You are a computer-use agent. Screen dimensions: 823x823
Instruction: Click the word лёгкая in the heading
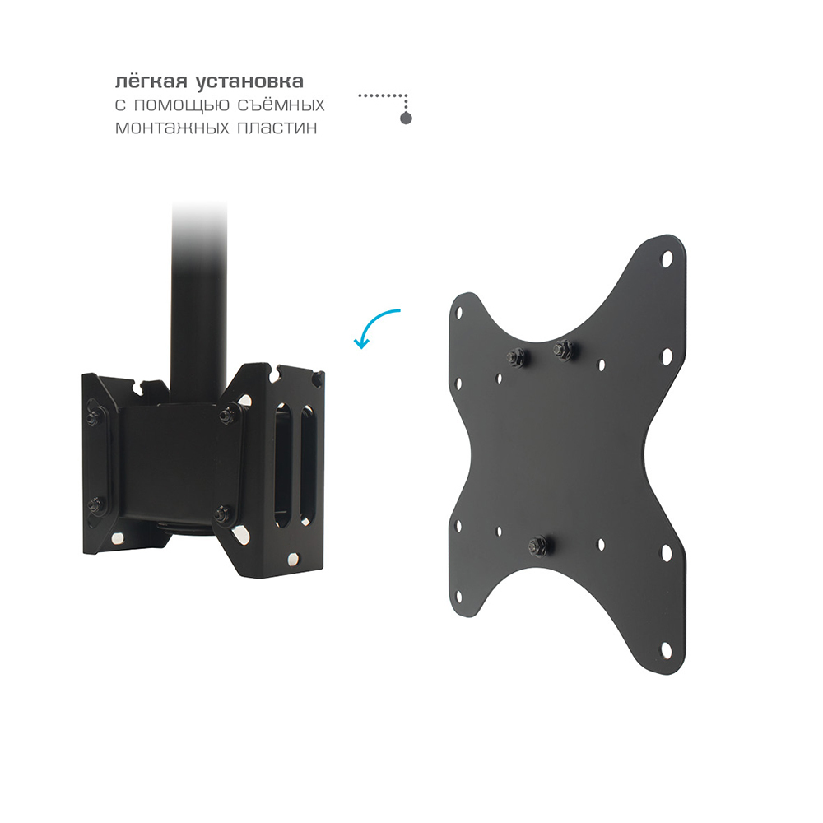(x=151, y=81)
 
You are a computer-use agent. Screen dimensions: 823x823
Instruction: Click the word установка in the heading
(x=249, y=82)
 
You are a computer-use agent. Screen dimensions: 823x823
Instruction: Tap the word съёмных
(x=281, y=105)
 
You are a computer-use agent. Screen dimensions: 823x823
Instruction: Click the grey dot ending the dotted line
(x=406, y=118)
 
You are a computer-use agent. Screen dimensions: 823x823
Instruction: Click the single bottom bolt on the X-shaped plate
(x=537, y=545)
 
